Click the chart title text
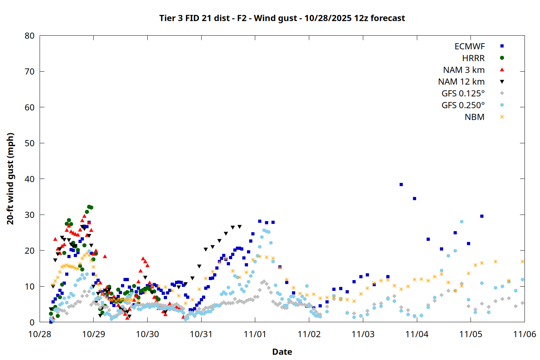(x=282, y=18)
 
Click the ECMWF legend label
(x=469, y=46)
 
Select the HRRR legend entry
(x=473, y=58)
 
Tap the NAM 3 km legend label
(x=464, y=70)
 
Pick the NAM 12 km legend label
(x=461, y=82)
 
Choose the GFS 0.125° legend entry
(x=463, y=94)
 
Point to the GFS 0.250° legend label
(x=463, y=105)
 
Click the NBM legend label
(x=474, y=117)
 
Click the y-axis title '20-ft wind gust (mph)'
(x=10, y=179)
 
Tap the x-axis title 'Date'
(x=282, y=352)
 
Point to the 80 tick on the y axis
(x=30, y=36)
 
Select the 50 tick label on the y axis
(x=30, y=143)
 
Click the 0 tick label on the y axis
(x=32, y=322)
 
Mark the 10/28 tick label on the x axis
(x=40, y=334)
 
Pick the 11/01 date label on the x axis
(x=255, y=334)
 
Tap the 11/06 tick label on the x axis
(x=525, y=334)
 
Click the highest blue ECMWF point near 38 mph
(x=401, y=184)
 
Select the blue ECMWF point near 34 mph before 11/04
(x=414, y=198)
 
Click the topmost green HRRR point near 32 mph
(x=89, y=207)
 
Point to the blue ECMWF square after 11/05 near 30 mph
(x=482, y=216)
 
